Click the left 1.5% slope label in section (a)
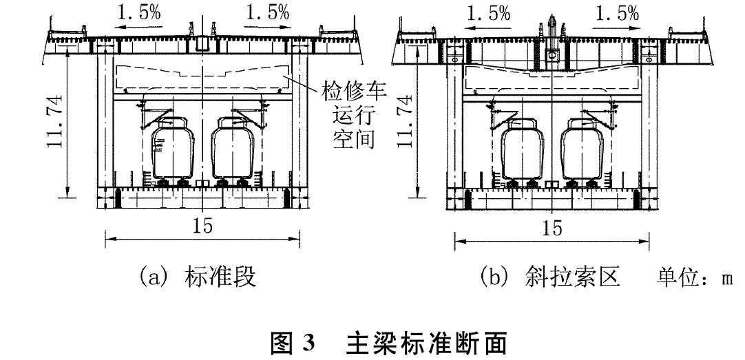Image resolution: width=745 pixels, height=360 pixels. [138, 12]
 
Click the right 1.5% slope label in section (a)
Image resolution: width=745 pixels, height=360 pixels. [267, 12]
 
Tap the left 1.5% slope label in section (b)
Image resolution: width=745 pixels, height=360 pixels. [488, 14]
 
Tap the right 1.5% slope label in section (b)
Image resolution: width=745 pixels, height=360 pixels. [617, 14]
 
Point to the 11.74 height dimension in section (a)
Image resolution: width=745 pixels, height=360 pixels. [55, 122]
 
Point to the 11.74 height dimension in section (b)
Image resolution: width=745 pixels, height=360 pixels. [405, 122]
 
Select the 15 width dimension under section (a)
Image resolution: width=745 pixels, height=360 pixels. [202, 226]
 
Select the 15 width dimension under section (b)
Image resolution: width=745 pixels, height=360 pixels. [552, 229]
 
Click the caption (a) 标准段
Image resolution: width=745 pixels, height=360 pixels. [198, 277]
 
